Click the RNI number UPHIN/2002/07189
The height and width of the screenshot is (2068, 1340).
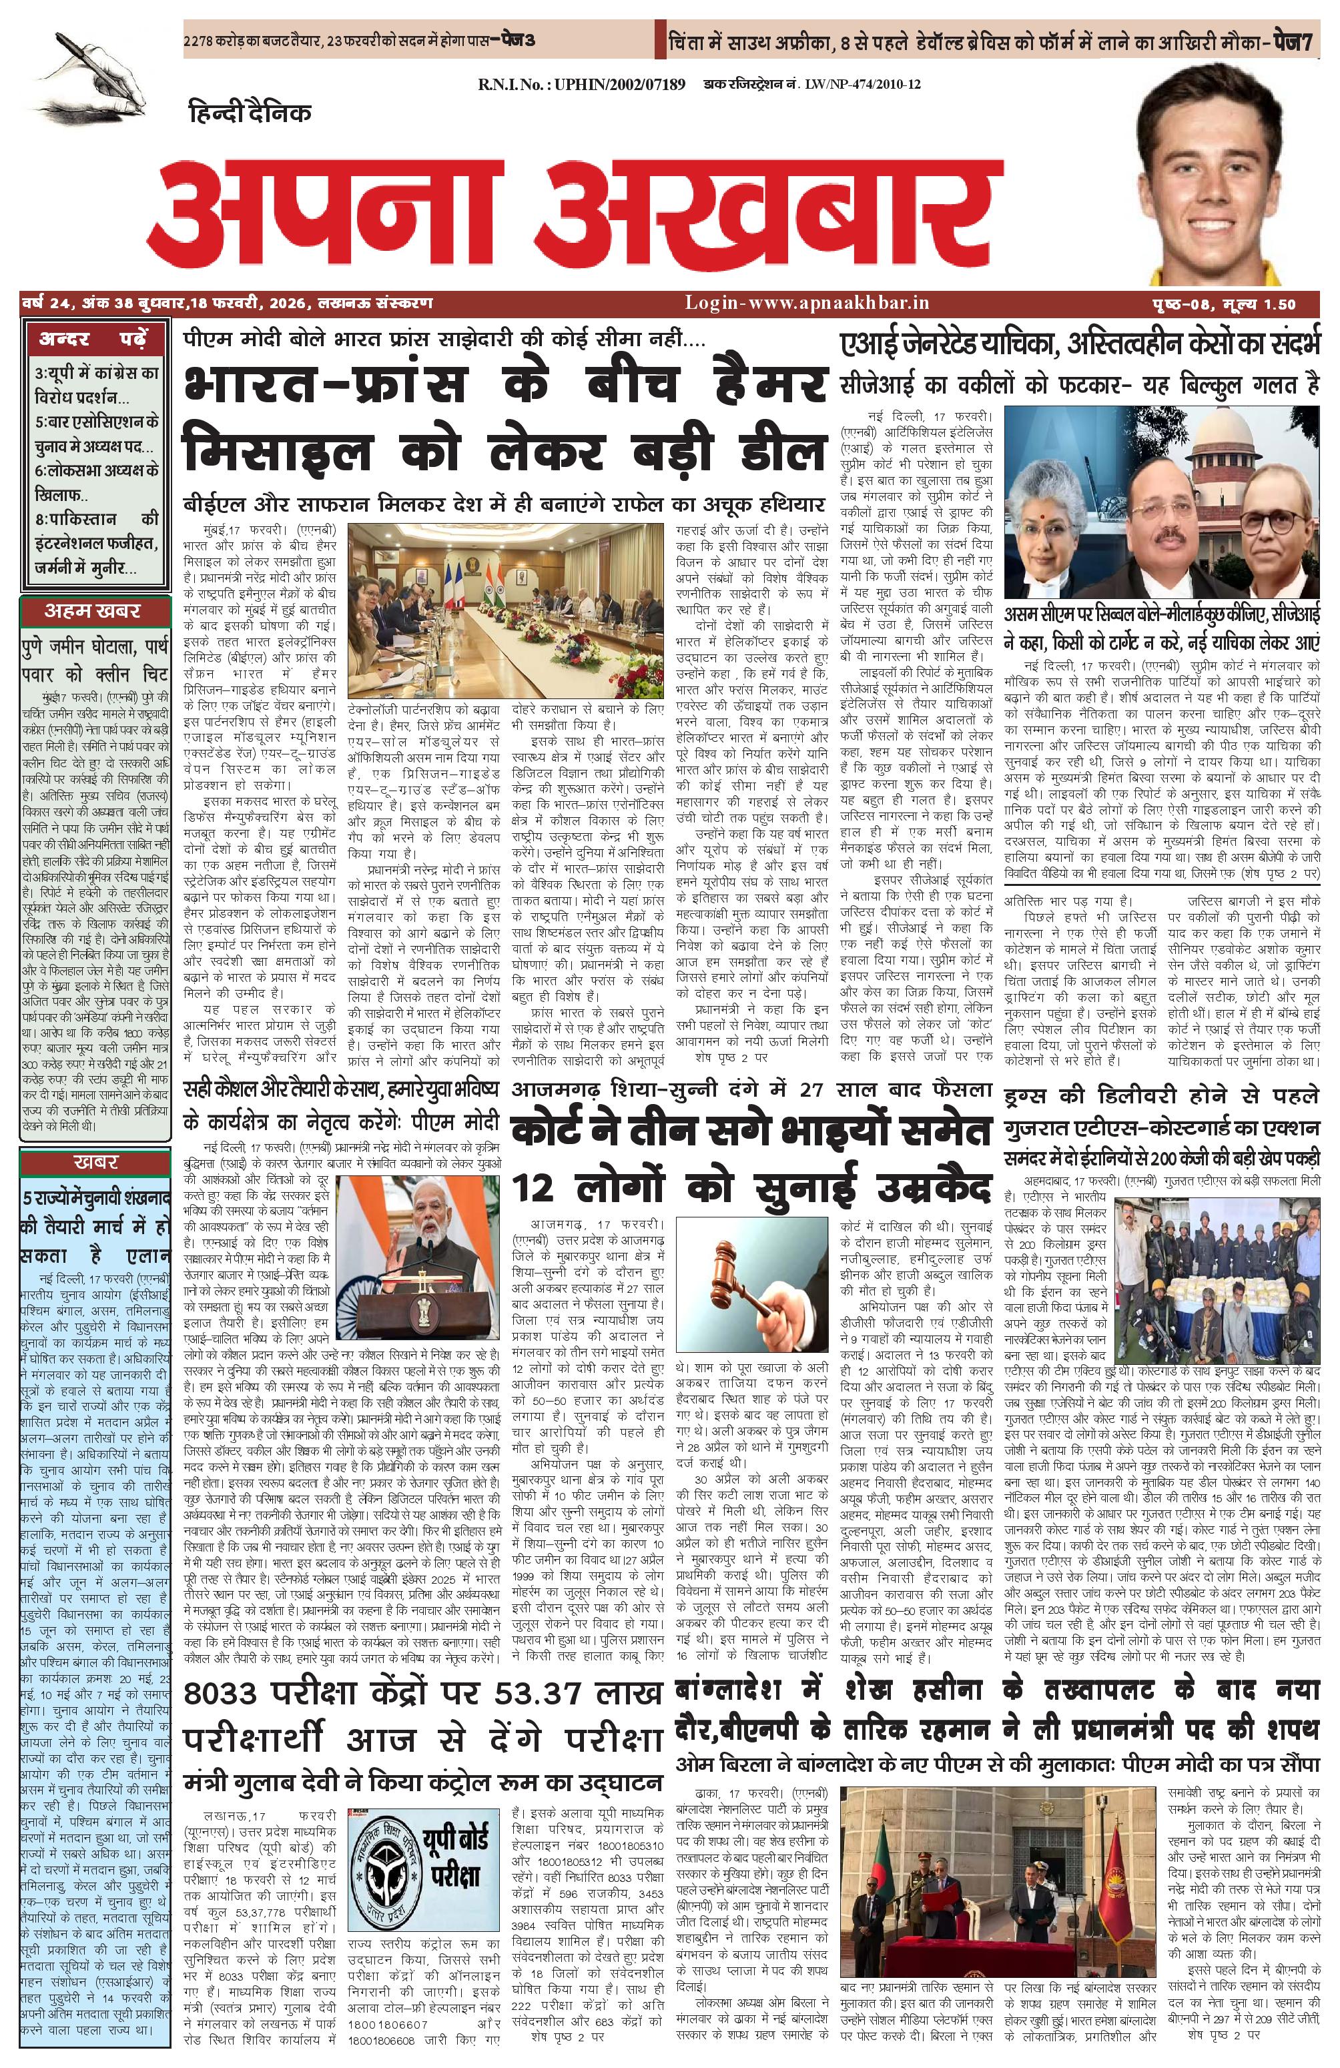pos(581,84)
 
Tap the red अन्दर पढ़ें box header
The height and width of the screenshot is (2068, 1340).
pos(92,339)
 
